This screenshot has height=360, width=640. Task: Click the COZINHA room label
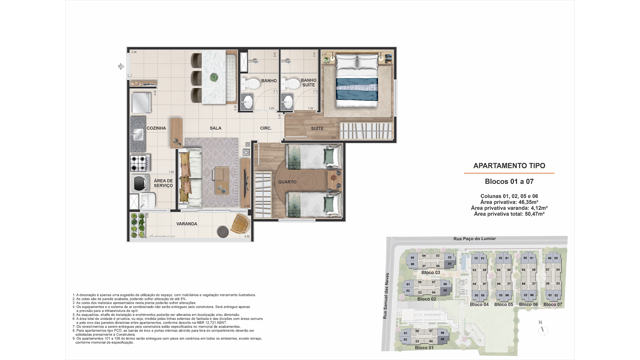pyautogui.click(x=156, y=128)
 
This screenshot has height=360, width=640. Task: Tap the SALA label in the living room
pyautogui.click(x=216, y=128)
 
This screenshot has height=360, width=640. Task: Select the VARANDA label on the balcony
pyautogui.click(x=187, y=224)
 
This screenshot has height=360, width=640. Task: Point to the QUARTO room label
pyautogui.click(x=287, y=182)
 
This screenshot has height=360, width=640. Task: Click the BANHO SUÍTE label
pyautogui.click(x=308, y=83)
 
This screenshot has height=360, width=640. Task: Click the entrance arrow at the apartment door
pyautogui.click(x=121, y=67)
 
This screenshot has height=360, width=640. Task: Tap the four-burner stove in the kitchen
pyautogui.click(x=140, y=163)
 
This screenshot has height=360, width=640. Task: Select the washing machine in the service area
pyautogui.click(x=139, y=183)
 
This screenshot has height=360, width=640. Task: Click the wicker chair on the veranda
pyautogui.click(x=240, y=224)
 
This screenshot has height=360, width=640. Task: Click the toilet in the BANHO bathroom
pyautogui.click(x=251, y=84)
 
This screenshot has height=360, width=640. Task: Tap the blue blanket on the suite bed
pyautogui.click(x=357, y=88)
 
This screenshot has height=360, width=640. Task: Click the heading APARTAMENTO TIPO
pyautogui.click(x=509, y=166)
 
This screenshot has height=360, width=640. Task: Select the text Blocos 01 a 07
pyautogui.click(x=509, y=182)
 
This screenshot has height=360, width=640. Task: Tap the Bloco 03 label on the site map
pyautogui.click(x=431, y=273)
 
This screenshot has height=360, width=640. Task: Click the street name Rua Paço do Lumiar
pyautogui.click(x=474, y=239)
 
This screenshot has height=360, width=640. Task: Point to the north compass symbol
pyautogui.click(x=543, y=330)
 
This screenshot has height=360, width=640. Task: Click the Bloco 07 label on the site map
pyautogui.click(x=553, y=304)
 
